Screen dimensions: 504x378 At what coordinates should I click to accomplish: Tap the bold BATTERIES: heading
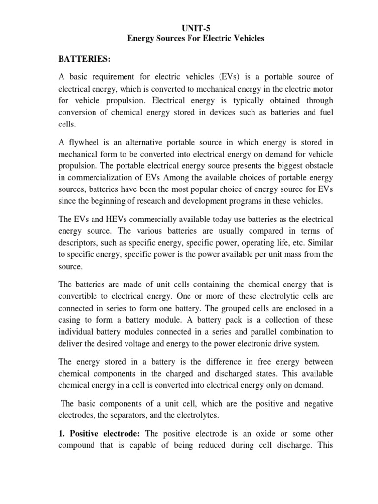coord(85,60)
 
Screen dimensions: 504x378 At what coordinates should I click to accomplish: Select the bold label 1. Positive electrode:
coord(100,434)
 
